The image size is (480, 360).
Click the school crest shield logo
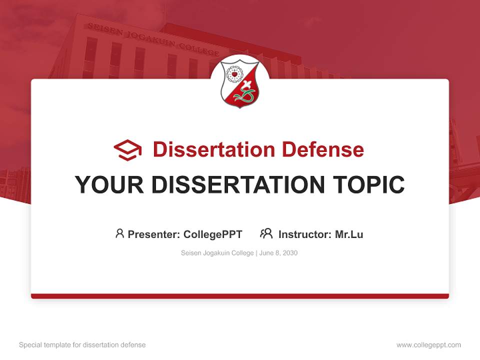[x=240, y=83]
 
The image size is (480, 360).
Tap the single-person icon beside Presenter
[x=119, y=233]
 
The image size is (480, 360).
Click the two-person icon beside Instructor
[x=266, y=233]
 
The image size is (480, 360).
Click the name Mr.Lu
[x=348, y=234]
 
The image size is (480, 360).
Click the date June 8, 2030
[x=278, y=253]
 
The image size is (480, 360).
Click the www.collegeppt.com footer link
[x=428, y=345]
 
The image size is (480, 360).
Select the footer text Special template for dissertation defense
[x=82, y=345]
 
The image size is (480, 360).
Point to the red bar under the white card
[x=240, y=296]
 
